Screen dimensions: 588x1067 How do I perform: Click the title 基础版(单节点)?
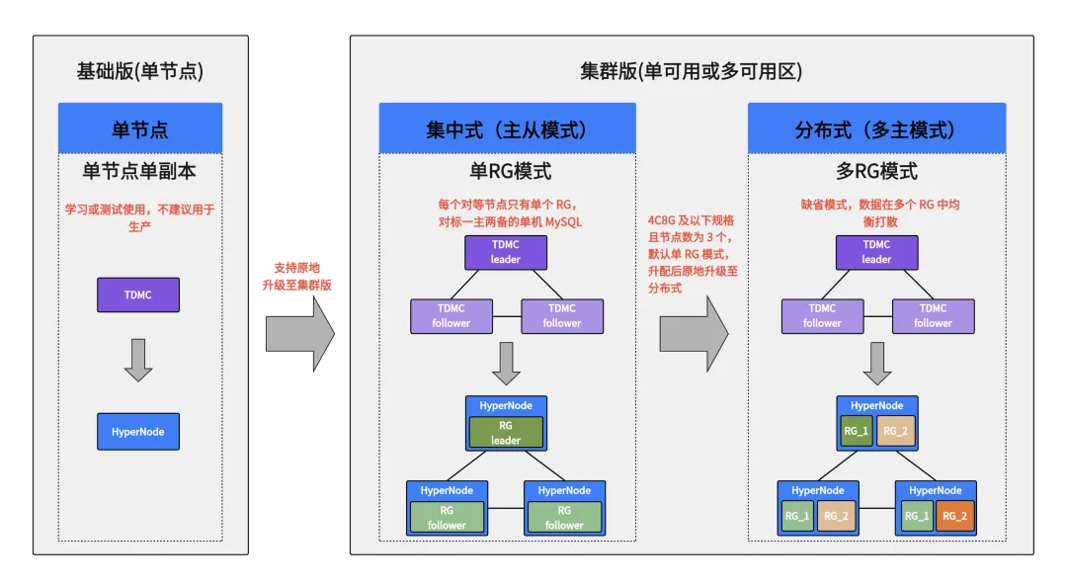point(140,71)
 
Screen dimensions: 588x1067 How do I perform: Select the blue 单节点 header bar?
point(139,128)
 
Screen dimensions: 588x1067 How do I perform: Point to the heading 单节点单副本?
point(139,171)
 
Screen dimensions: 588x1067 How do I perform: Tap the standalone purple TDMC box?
point(138,294)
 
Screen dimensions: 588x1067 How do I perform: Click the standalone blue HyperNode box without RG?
point(138,432)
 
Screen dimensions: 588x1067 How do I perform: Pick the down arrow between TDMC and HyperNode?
point(138,360)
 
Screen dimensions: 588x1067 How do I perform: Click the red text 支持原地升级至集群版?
point(298,276)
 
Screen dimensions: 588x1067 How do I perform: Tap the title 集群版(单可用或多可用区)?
point(691,71)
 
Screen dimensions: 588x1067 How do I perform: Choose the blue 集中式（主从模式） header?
point(507,129)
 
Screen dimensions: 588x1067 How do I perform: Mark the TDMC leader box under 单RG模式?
point(505,252)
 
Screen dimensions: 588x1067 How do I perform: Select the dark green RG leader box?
point(506,432)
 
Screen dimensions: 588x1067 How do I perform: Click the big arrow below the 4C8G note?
point(694,334)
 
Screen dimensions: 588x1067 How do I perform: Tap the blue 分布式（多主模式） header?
point(876,129)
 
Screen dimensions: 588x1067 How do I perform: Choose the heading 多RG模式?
point(876,171)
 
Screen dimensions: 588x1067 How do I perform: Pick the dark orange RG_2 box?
point(953,516)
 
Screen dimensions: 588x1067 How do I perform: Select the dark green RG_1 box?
point(856,431)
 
